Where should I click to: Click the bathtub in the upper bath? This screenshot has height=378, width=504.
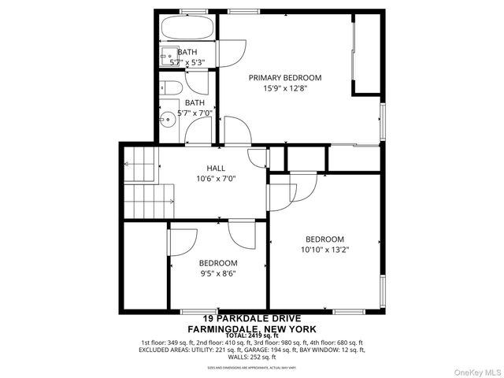(187, 30)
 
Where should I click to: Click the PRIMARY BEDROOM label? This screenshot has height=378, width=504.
(285, 78)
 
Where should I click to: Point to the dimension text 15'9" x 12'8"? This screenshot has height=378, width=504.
(285, 89)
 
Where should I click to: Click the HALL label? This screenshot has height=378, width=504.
(216, 168)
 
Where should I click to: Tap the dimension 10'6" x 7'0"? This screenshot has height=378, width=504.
(216, 179)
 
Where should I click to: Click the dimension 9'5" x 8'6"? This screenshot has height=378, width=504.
(218, 274)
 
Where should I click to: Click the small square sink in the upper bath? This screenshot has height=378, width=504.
(168, 56)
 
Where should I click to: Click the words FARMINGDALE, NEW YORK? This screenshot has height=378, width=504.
(251, 328)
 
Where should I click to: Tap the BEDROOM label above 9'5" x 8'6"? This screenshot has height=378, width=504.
(218, 263)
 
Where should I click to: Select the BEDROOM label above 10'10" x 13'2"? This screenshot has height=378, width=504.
(325, 239)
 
